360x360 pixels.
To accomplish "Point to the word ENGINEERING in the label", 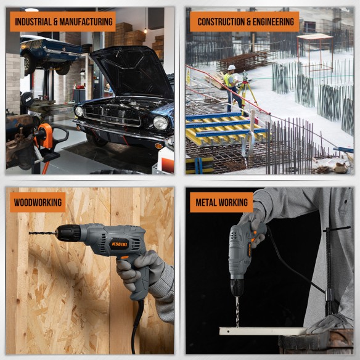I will pos(272,22).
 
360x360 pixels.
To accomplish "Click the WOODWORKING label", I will pos(37,202).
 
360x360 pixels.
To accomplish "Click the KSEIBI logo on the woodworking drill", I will pos(119,243).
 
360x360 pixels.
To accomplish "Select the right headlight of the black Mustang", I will pos(160,123).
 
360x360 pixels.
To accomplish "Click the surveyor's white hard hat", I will pos(231,67).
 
